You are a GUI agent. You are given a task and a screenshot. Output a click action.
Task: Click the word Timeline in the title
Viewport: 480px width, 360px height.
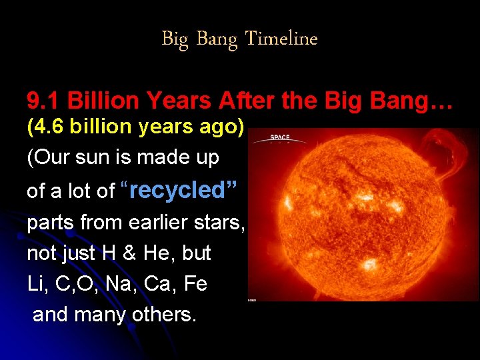(x=281, y=39)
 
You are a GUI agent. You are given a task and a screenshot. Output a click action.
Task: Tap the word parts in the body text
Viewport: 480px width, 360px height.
(x=51, y=223)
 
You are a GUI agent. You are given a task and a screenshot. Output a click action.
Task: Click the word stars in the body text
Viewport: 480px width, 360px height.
(x=221, y=222)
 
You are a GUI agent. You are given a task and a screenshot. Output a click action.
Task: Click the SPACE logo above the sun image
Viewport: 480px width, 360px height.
(x=279, y=139)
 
